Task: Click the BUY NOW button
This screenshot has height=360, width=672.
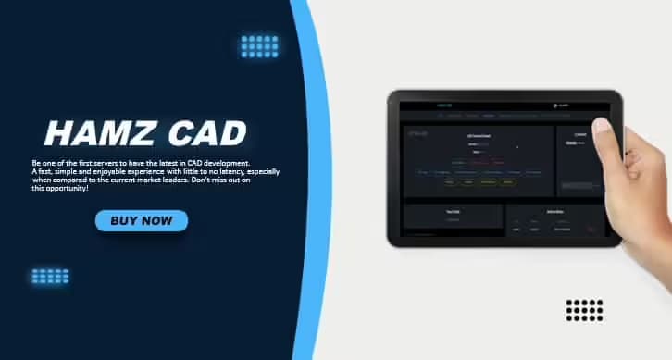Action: pyautogui.click(x=141, y=220)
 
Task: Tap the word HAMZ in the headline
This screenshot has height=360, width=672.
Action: pyautogui.click(x=93, y=134)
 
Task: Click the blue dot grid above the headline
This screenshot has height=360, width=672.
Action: pyautogui.click(x=259, y=46)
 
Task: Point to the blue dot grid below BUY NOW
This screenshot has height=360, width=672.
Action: pyautogui.click(x=50, y=276)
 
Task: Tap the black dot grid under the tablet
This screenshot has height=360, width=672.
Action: pyautogui.click(x=584, y=310)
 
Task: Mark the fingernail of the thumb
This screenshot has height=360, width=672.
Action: pyautogui.click(x=601, y=125)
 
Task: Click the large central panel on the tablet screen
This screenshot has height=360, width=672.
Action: pyautogui.click(x=478, y=160)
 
